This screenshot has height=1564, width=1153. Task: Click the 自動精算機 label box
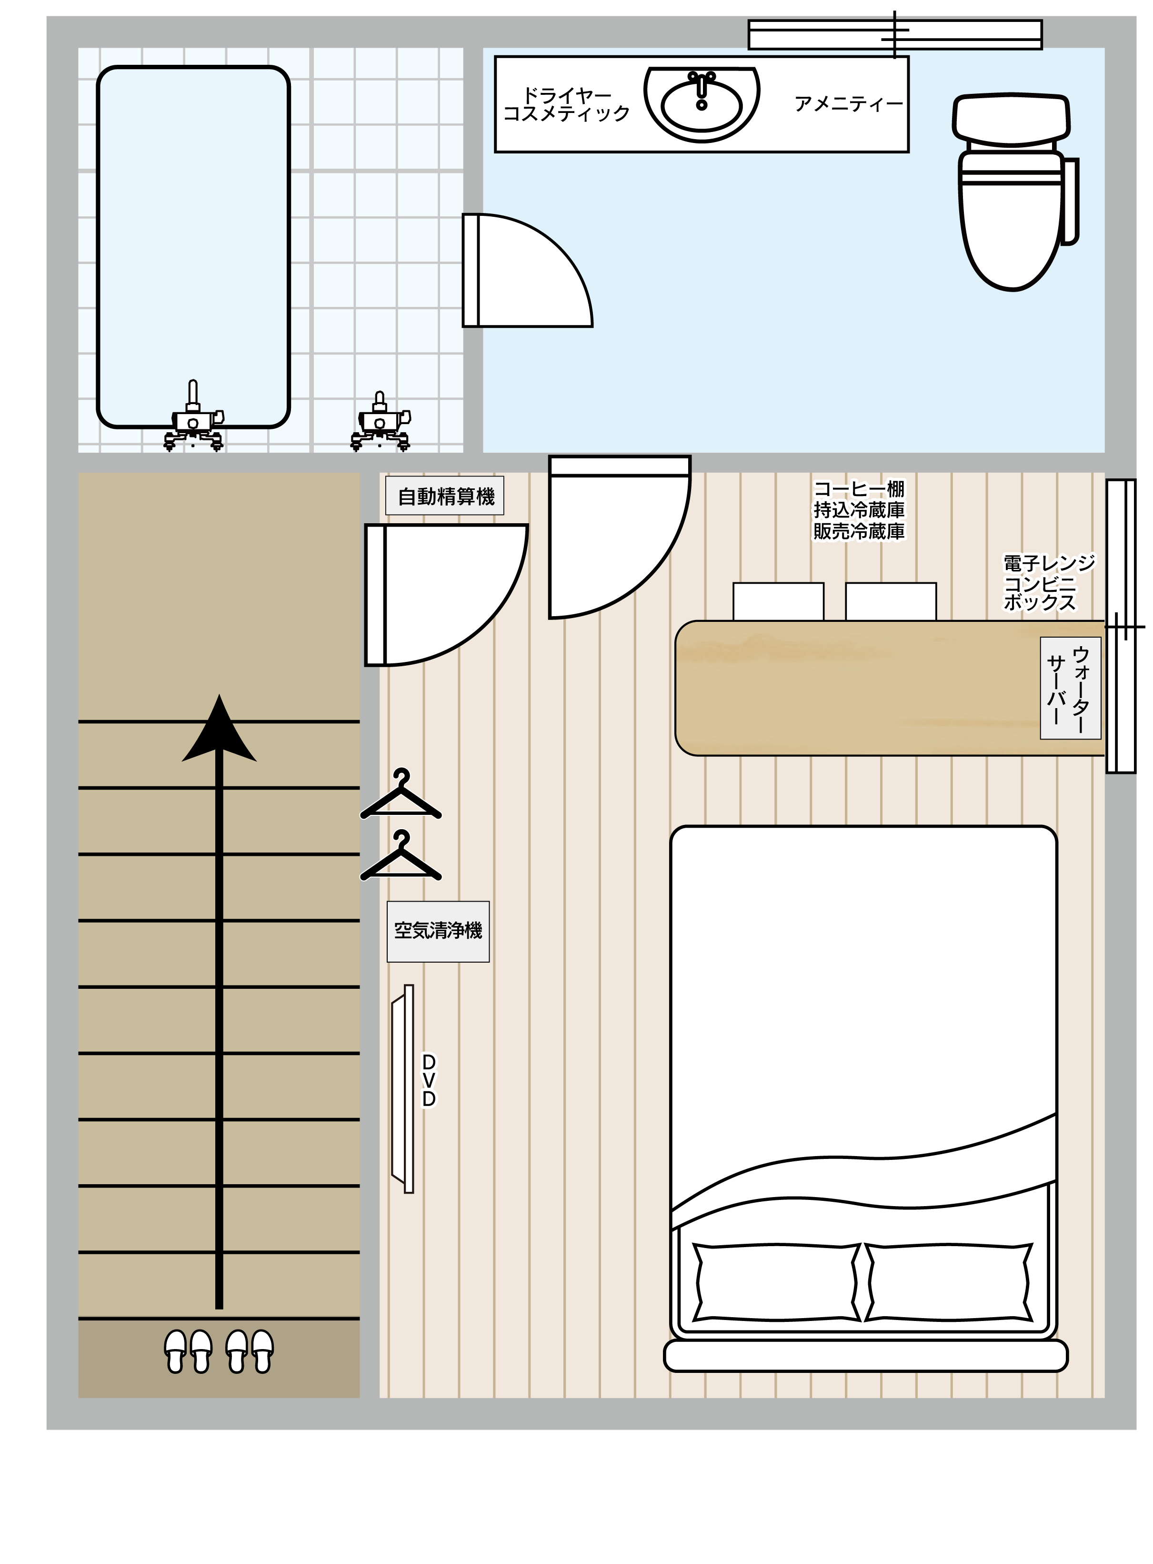[445, 496]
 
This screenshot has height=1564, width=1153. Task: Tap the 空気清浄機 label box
[438, 932]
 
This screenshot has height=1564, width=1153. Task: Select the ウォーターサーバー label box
[1070, 688]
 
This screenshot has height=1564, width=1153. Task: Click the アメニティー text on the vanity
[848, 104]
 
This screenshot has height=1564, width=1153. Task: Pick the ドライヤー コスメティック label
[567, 105]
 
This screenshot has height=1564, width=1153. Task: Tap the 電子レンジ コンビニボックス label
[1049, 583]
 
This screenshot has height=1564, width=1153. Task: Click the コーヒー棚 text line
[859, 489]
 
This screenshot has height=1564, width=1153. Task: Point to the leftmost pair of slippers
[188, 1351]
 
